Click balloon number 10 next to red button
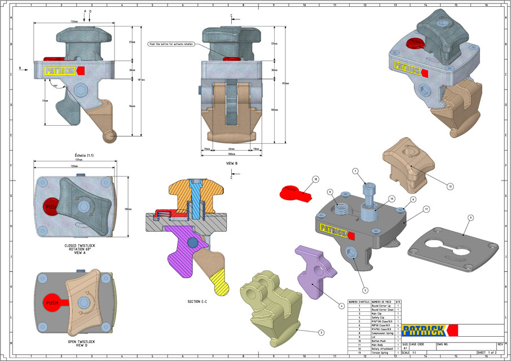315,179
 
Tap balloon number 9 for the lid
470,217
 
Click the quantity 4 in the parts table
398,325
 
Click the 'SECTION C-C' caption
197,302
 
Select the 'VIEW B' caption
232,163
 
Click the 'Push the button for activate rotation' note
170,43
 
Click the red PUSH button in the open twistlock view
52,303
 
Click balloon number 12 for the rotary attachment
450,186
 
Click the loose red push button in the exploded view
294,193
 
